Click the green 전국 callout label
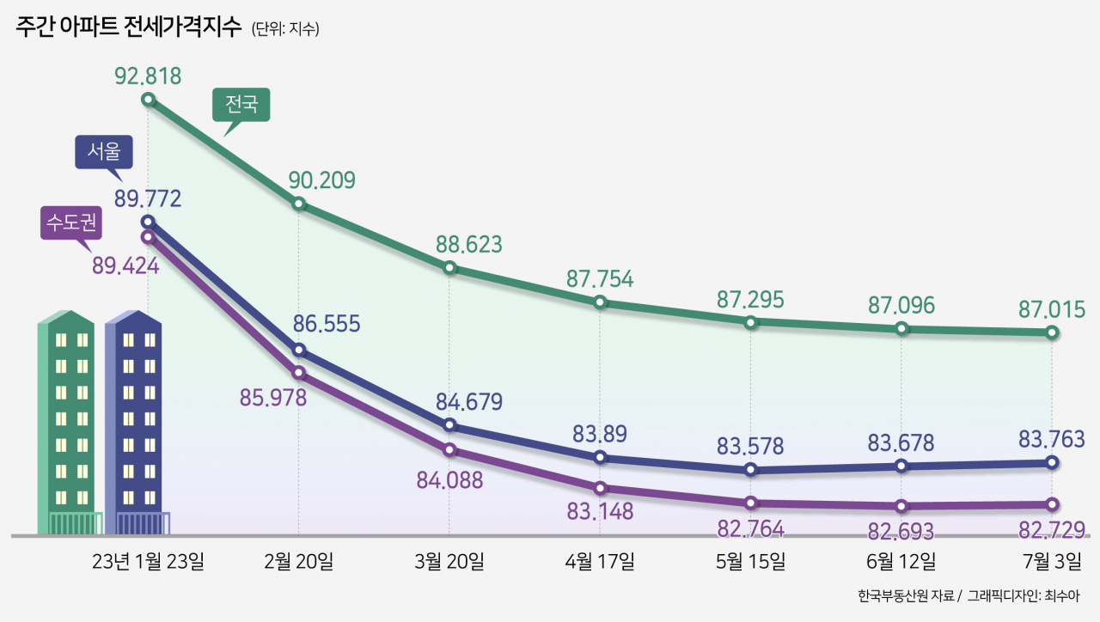click(241, 104)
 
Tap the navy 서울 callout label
click(104, 152)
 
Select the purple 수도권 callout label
click(71, 223)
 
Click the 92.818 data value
click(148, 76)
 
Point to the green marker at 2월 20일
click(298, 204)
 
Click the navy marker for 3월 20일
click(449, 424)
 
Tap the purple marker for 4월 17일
click(600, 488)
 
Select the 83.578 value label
click(750, 446)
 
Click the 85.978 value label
click(273, 398)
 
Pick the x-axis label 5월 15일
click(750, 561)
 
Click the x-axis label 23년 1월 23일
click(148, 561)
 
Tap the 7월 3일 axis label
click(1052, 561)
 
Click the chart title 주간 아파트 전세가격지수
click(129, 27)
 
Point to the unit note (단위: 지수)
click(285, 28)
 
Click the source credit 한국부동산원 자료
click(906, 596)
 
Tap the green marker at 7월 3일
click(1052, 332)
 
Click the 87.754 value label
click(600, 279)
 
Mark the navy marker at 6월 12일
click(901, 466)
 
